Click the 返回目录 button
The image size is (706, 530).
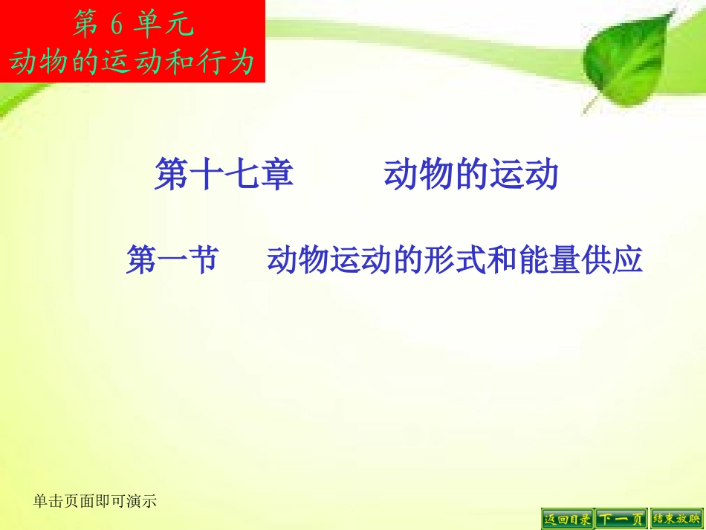click(568, 518)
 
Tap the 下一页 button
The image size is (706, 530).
click(621, 518)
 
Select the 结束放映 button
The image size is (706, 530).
click(676, 518)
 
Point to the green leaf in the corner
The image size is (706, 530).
click(624, 56)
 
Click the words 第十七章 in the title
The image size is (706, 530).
click(224, 176)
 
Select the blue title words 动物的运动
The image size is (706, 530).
click(470, 176)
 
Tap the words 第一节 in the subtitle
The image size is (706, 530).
click(172, 261)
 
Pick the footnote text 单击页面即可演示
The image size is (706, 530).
click(95, 502)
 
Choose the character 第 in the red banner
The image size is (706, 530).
click(85, 25)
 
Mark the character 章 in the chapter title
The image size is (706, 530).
click(276, 176)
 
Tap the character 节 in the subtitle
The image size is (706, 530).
click(202, 261)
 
